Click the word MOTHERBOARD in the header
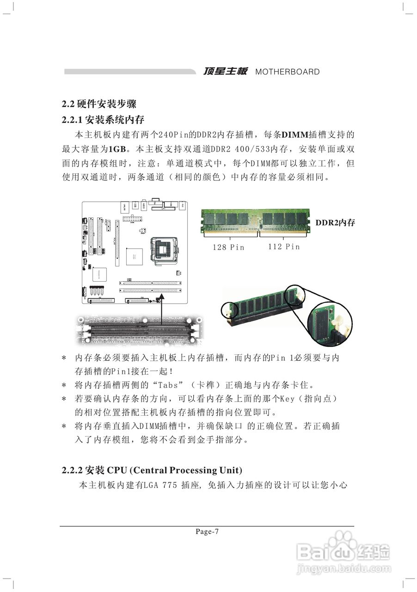pos(287,72)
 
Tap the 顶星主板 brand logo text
pos(226,71)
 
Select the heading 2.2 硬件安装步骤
pos(99,104)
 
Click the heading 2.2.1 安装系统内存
pos(103,120)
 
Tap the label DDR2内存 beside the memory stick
pos(335,223)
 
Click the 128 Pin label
pos(228,247)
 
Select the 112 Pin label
pos(284,247)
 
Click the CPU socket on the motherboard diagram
pos(165,251)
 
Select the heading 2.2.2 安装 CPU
pos(152,470)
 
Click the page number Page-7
pos(207,531)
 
